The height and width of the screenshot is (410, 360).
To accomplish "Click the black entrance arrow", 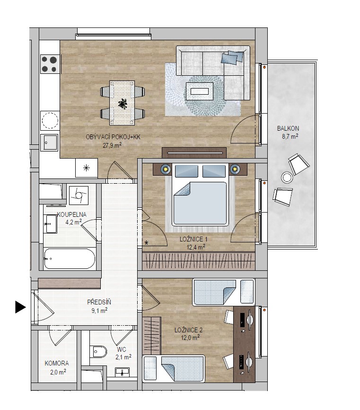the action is click(x=20, y=307).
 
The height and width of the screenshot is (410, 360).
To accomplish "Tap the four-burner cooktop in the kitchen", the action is click(x=50, y=64).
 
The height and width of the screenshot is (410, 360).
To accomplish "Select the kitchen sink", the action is click(x=49, y=143).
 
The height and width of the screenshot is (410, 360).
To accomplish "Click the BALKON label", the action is click(x=288, y=128).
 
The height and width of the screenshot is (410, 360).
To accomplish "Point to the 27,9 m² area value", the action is click(x=112, y=145).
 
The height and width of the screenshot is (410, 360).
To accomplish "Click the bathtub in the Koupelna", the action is click(x=70, y=258).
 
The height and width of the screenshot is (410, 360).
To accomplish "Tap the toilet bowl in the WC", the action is click(x=98, y=352).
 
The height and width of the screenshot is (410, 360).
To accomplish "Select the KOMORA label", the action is click(x=57, y=363).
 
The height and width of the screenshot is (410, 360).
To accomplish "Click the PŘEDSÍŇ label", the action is click(x=99, y=302).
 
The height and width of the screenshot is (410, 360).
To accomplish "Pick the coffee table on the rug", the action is click(x=200, y=91).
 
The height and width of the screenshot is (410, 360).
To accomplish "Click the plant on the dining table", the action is click(x=122, y=104).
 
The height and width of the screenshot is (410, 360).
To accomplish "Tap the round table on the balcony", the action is click(x=287, y=178).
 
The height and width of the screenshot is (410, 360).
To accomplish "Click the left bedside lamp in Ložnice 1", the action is click(x=166, y=169).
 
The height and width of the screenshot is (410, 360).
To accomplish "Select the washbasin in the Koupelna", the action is click(x=50, y=224).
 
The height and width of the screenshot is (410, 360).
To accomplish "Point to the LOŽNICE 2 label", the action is click(x=188, y=330).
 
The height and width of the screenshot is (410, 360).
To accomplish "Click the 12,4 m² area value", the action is click(x=196, y=247).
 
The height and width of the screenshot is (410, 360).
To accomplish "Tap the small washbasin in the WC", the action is click(x=122, y=372).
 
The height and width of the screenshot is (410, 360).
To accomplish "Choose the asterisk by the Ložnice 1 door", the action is click(x=146, y=243).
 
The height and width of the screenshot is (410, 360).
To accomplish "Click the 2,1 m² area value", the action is click(x=123, y=357).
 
